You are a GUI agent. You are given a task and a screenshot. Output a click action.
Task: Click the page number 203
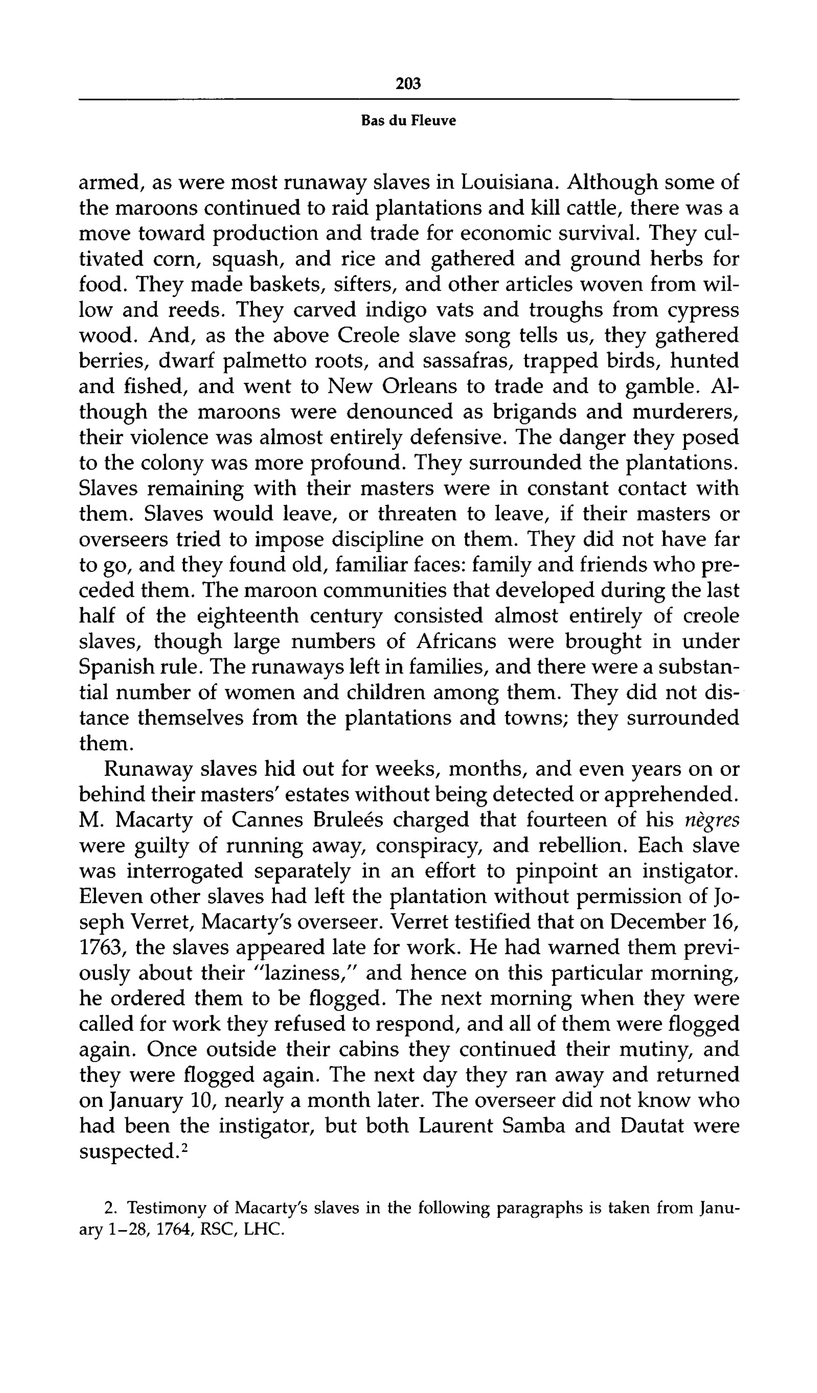pos(408,83)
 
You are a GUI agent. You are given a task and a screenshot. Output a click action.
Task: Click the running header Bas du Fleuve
pos(408,121)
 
